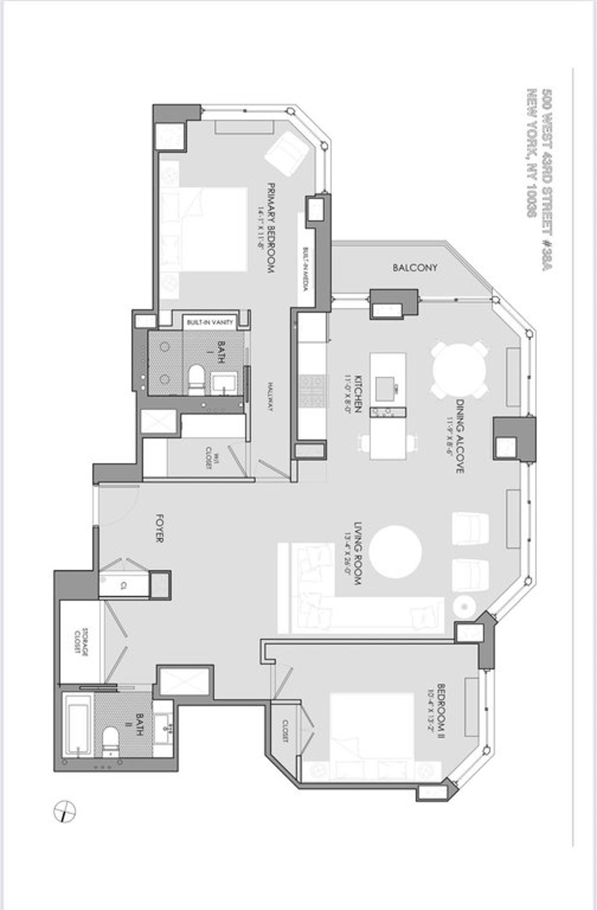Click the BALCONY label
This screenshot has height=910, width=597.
[x=415, y=268]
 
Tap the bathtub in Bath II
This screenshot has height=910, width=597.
[x=79, y=726]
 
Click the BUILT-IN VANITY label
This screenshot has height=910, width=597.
[x=209, y=323]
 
